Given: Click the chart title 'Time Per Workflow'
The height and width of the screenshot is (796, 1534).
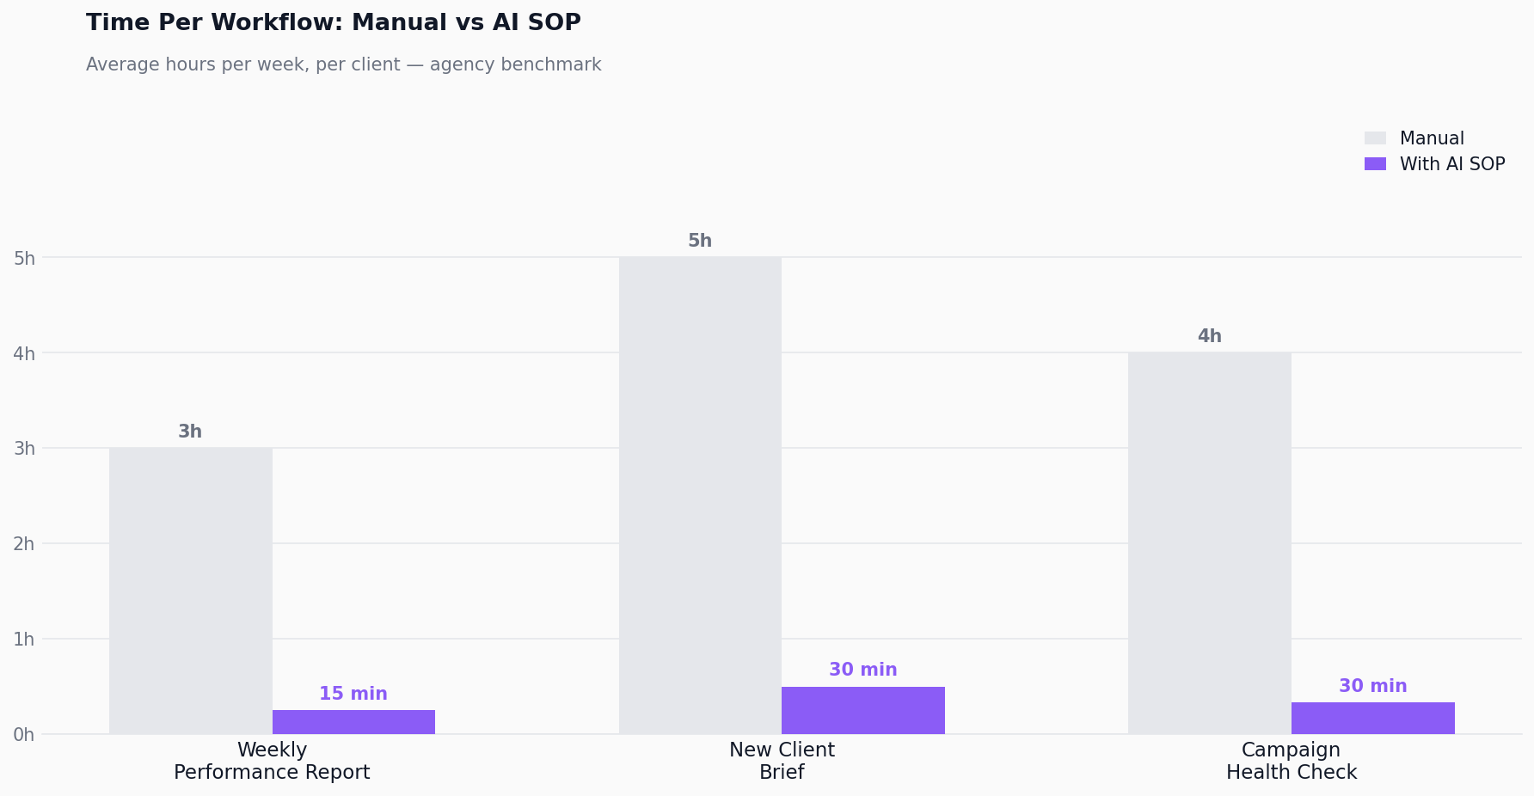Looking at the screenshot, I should (x=333, y=23).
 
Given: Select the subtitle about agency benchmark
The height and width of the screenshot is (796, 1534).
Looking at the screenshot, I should (x=343, y=65).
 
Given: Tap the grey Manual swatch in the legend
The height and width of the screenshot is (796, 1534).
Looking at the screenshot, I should (x=1375, y=138).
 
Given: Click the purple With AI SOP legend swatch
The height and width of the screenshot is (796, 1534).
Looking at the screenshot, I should (x=1375, y=164).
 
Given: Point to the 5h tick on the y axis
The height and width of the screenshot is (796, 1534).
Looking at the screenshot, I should (x=24, y=259).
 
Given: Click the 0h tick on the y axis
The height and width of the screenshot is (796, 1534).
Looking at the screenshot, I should (x=24, y=735).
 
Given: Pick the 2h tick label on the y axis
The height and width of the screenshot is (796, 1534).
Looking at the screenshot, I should (x=24, y=544).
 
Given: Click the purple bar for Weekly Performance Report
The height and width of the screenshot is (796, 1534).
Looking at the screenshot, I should (x=353, y=722).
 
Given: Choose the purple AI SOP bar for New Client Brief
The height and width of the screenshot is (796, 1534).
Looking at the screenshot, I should (x=862, y=710).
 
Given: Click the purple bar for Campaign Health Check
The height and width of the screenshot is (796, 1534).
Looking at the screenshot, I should (x=1372, y=719).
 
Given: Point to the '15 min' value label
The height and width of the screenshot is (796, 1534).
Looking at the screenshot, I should (x=353, y=694).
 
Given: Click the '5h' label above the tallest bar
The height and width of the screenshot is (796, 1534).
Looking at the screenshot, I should (x=700, y=242).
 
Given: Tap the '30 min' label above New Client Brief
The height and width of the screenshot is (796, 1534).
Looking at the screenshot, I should (x=862, y=670).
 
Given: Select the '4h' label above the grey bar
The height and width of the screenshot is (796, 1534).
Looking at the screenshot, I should (x=1209, y=337).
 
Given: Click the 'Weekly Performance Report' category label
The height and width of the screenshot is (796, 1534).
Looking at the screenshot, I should (x=272, y=762).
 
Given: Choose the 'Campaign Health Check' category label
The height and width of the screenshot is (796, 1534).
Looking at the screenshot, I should (x=1291, y=762).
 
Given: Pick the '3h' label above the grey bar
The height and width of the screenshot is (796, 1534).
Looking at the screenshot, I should (x=190, y=432).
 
